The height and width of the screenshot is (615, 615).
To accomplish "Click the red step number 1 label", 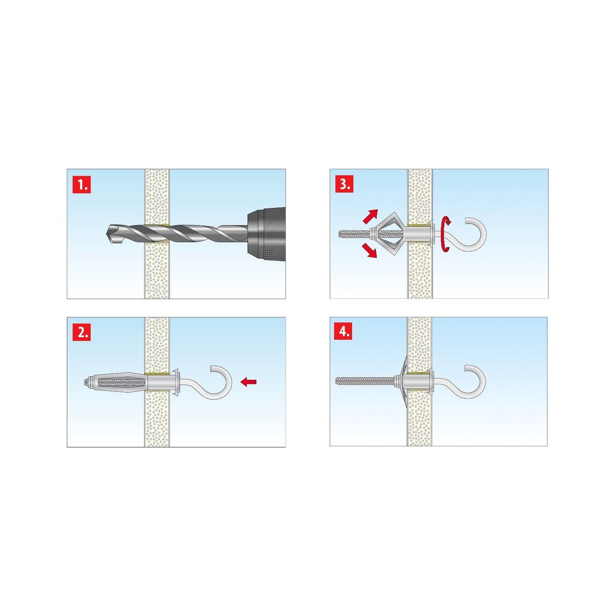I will [82, 185].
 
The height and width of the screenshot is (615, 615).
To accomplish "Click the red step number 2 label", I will [82, 333].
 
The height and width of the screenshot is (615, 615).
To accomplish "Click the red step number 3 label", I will [344, 184].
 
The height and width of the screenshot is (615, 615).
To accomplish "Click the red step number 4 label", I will [344, 332].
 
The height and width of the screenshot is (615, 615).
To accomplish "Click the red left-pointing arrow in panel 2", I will [248, 382].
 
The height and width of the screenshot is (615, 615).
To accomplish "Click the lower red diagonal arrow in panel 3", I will [370, 251].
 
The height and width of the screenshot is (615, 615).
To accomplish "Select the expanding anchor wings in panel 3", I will [389, 234].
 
